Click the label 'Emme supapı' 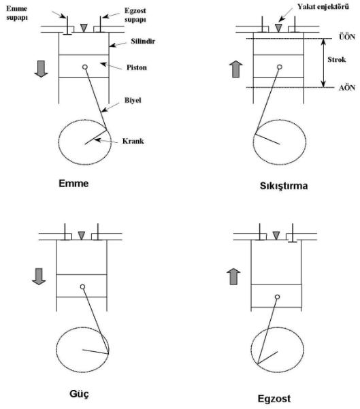point(17,13)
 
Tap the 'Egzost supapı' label point(135,15)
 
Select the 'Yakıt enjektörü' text point(323,7)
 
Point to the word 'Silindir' point(143,41)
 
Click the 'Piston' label point(137,67)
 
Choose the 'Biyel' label point(133,100)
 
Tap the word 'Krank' point(133,141)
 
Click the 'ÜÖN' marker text point(347,37)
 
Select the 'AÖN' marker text point(347,88)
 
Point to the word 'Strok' point(337,59)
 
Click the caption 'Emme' point(73,183)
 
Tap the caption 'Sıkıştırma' point(284,186)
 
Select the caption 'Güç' point(79,394)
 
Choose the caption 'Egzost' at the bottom point(274,399)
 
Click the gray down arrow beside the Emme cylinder point(42,69)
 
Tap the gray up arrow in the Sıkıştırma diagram point(236,69)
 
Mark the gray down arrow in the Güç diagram point(39,276)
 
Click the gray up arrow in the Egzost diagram point(233,276)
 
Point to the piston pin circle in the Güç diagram point(83,287)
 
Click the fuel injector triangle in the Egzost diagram point(276,235)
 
